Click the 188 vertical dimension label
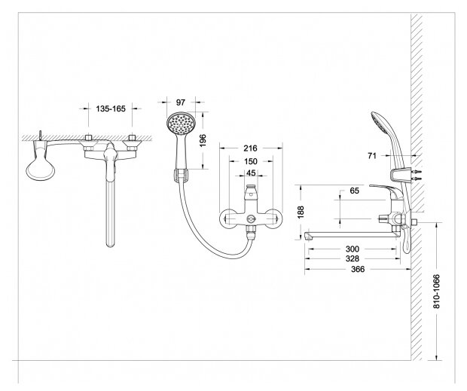pos(301,212)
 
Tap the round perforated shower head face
pos(182,122)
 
